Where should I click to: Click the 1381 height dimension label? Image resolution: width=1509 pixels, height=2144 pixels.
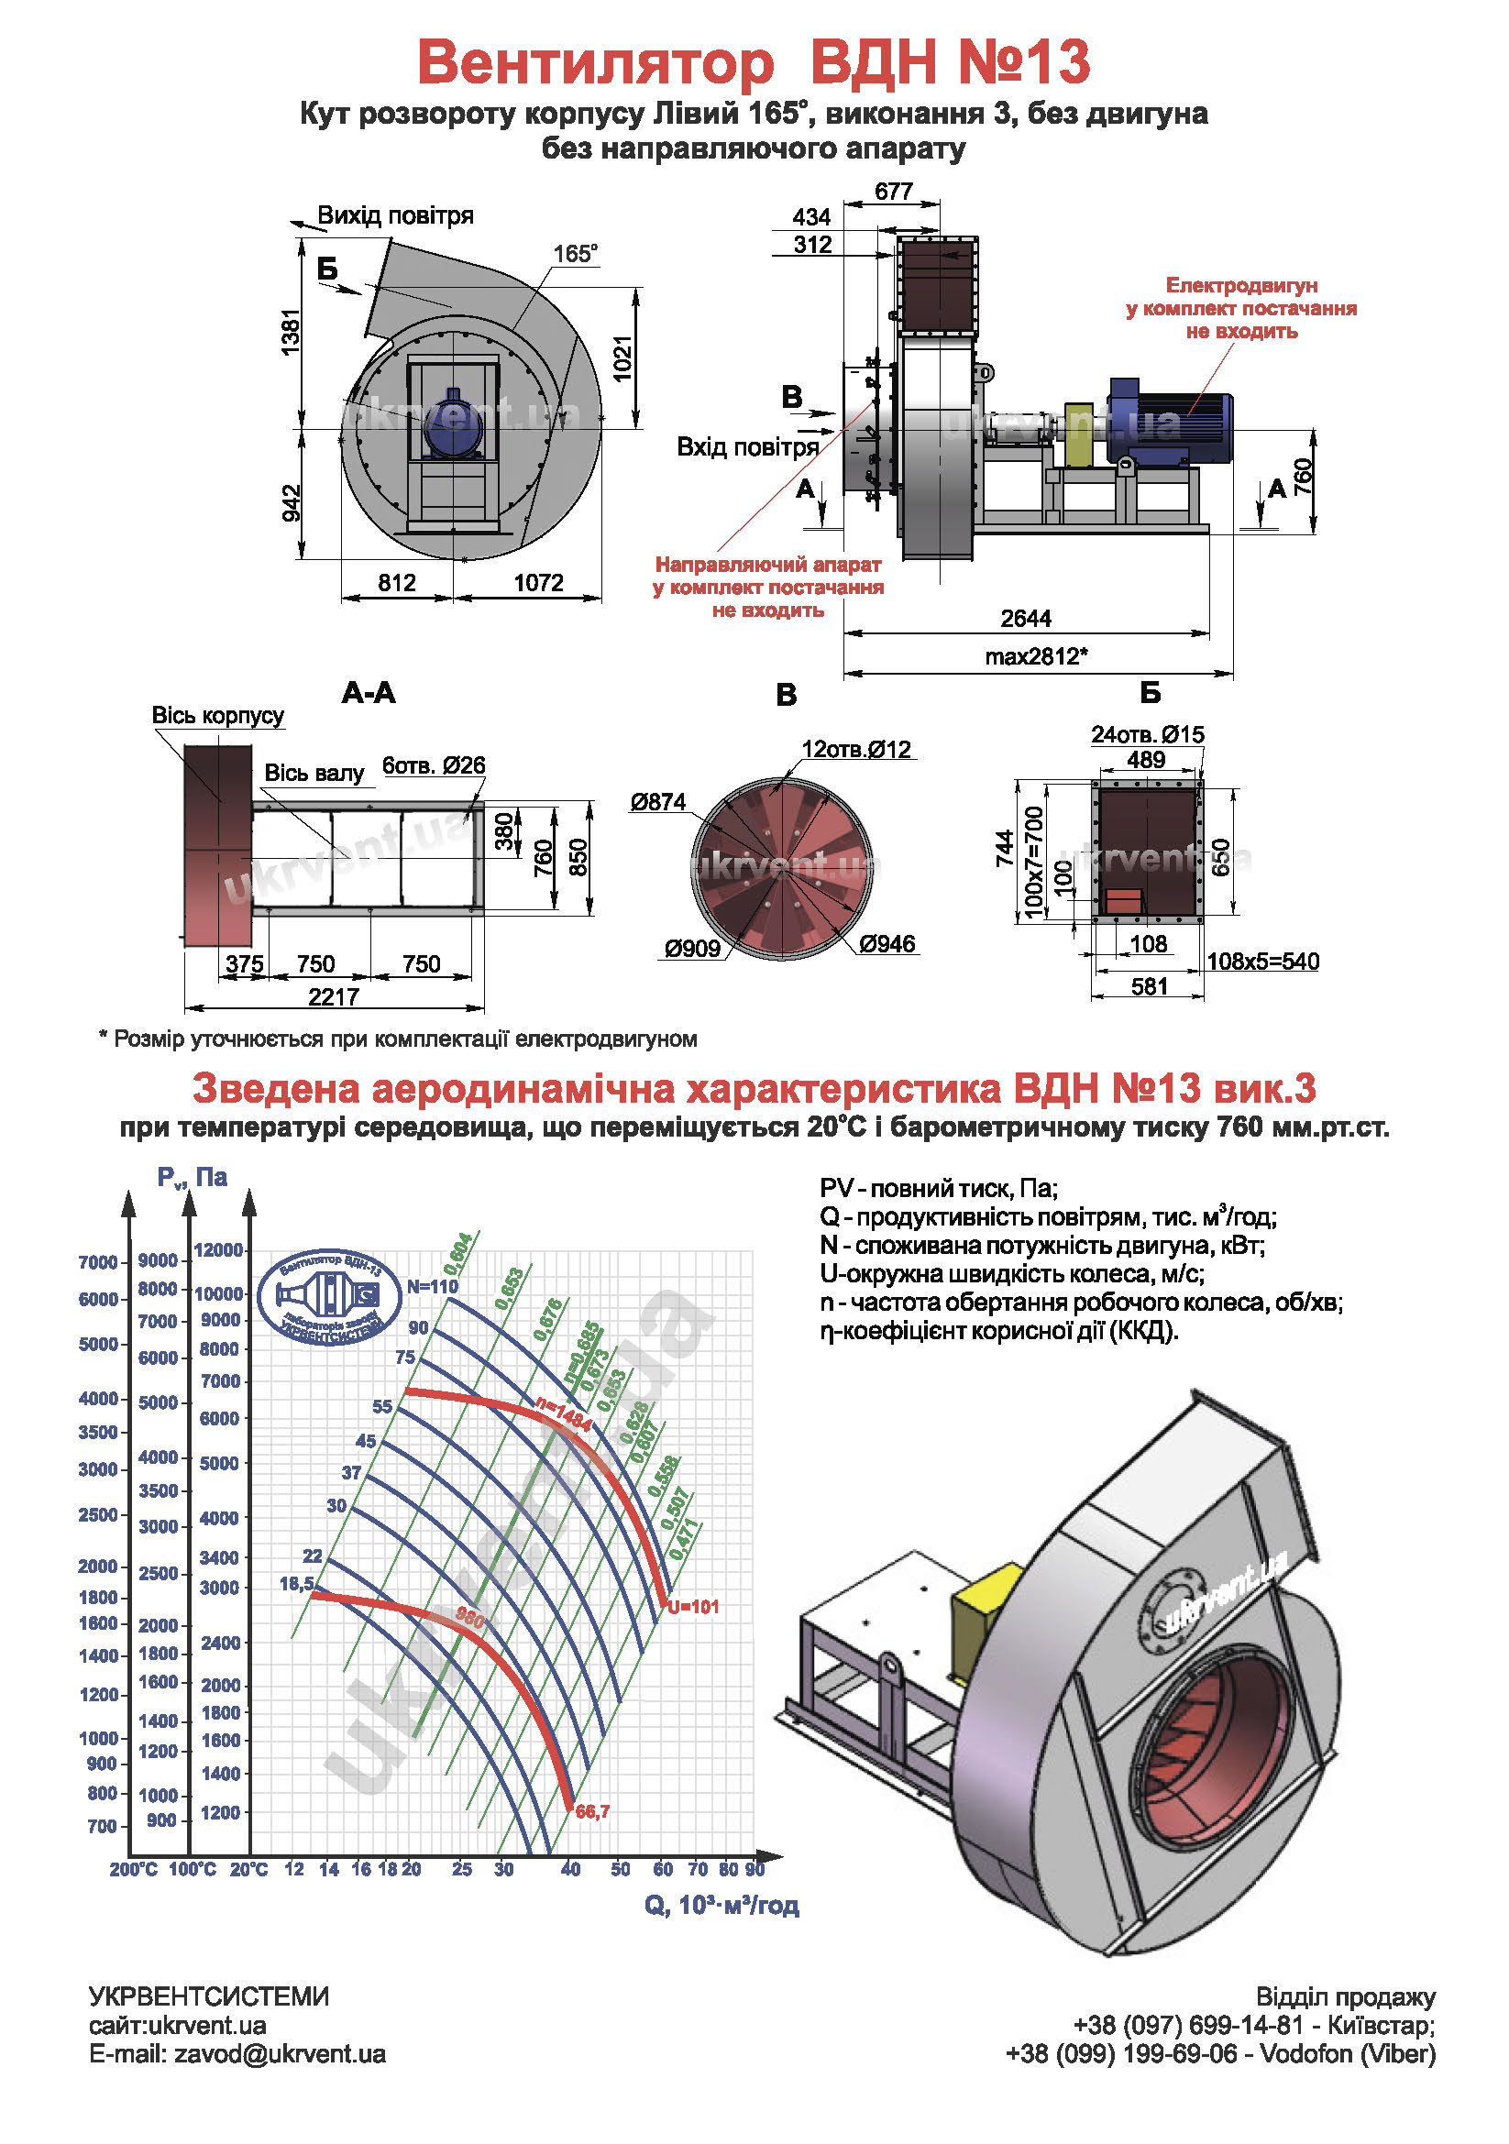(x=292, y=334)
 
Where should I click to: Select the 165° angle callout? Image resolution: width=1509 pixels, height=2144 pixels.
(x=575, y=253)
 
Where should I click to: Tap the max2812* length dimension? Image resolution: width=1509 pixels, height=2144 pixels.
(x=1037, y=656)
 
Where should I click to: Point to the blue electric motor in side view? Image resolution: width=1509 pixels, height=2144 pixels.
(x=1170, y=419)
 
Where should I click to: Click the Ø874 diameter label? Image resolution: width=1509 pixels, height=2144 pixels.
(x=658, y=801)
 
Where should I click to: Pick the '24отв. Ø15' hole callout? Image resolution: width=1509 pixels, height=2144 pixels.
(x=1148, y=734)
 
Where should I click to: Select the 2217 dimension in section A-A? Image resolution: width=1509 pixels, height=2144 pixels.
(x=335, y=996)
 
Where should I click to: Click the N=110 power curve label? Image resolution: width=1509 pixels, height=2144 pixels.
(x=433, y=1286)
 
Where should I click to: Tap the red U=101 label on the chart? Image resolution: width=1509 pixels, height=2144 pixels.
(x=693, y=1607)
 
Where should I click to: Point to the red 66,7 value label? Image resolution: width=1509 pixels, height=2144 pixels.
(x=593, y=1811)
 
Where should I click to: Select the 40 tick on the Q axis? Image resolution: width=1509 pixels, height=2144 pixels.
(x=570, y=1869)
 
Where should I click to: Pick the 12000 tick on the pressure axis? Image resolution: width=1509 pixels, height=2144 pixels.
(x=218, y=1250)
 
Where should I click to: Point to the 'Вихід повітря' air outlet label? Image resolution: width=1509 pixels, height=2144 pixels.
(x=395, y=215)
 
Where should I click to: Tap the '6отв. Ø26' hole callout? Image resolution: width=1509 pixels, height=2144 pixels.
(x=435, y=765)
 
